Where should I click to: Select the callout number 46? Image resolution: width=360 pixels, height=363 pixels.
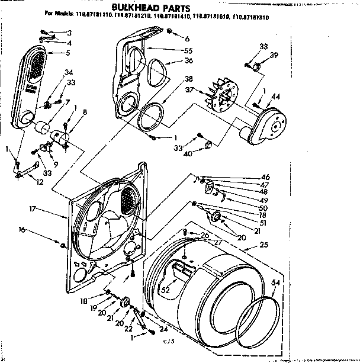coord(265,177)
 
